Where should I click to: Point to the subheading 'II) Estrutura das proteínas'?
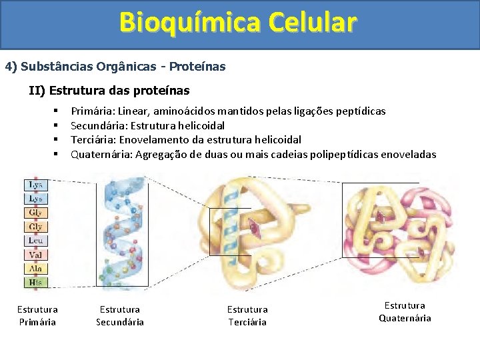coord(109,90)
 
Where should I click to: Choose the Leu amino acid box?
coord(36,241)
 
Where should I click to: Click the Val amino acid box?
coord(36,255)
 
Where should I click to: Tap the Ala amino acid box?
coord(36,269)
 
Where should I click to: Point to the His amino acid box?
coord(36,283)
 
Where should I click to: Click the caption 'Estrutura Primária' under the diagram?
coord(37,315)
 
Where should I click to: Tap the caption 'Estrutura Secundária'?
coord(120,315)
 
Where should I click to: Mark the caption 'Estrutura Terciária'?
coord(247,315)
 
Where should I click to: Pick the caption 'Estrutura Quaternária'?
coord(405,311)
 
